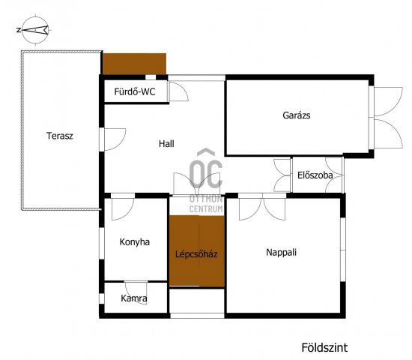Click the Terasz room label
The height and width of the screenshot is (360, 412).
pyautogui.click(x=58, y=136)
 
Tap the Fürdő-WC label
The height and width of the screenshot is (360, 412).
pyautogui.click(x=133, y=92)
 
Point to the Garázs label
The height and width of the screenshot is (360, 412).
pyautogui.click(x=297, y=115)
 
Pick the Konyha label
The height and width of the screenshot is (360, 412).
pyautogui.click(x=135, y=242)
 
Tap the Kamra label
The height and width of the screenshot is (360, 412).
pyautogui.click(x=134, y=298)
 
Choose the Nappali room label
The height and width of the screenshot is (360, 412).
pyautogui.click(x=282, y=252)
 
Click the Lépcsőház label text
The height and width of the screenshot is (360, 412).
pyautogui.click(x=196, y=254)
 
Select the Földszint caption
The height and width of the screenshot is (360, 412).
pyautogui.click(x=324, y=347)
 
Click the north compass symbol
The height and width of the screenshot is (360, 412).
pyautogui.click(x=34, y=31)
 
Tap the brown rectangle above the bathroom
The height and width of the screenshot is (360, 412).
pyautogui.click(x=134, y=63)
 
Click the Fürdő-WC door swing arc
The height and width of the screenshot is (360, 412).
pyautogui.click(x=178, y=91)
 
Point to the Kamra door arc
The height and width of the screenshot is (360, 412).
pyautogui.click(x=136, y=289)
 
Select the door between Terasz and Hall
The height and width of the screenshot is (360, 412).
pyautogui.click(x=114, y=139)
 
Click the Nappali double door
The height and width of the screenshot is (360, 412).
pyautogui.click(x=262, y=205)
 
